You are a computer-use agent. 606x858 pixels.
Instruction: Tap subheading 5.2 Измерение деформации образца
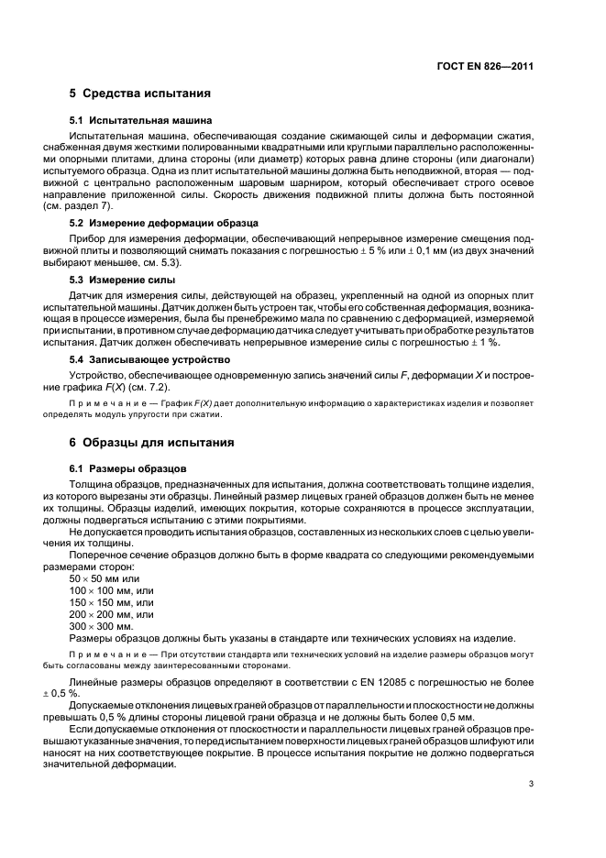click(164, 223)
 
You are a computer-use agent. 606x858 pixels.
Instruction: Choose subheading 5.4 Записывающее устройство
click(150, 358)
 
